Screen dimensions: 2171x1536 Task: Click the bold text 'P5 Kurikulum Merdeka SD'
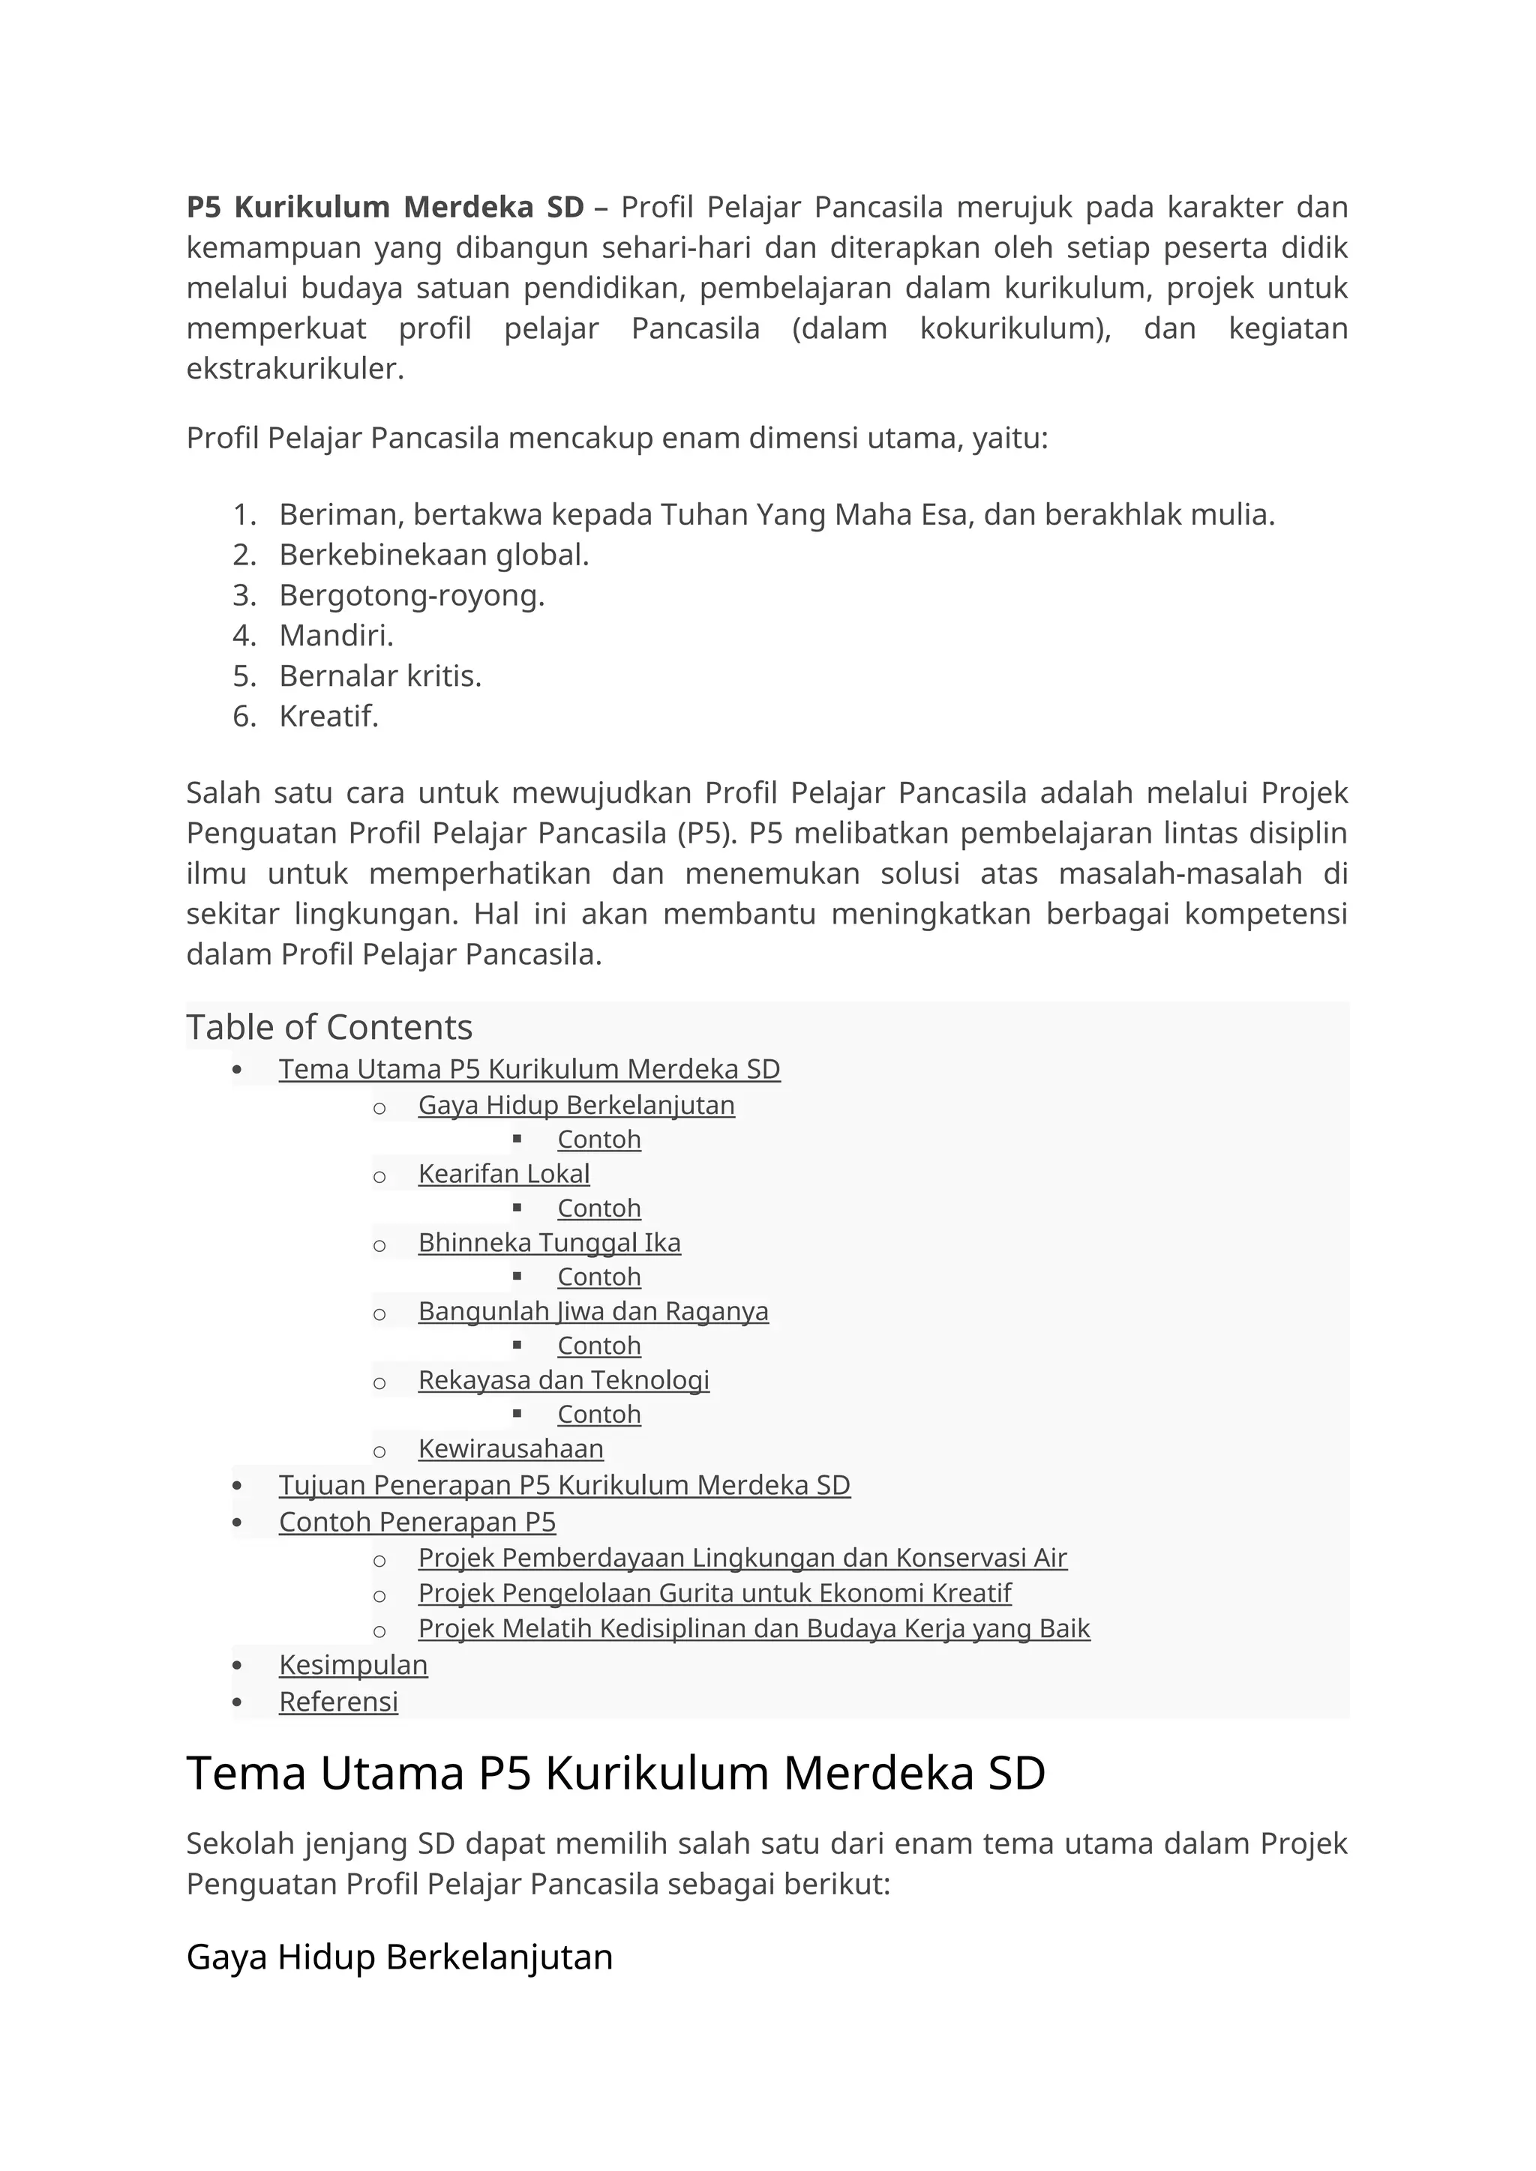(385, 206)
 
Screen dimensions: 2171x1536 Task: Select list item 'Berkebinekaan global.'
(434, 555)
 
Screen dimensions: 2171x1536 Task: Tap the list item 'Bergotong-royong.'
(412, 596)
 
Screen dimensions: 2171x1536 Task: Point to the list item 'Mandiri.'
(336, 636)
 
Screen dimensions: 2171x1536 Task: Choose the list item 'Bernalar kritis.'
(380, 676)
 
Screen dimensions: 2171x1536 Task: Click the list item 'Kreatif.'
(328, 717)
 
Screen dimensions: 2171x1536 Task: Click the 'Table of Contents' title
(329, 1027)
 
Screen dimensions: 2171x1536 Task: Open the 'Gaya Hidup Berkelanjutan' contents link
(576, 1104)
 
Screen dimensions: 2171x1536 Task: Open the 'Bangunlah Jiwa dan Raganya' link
(593, 1311)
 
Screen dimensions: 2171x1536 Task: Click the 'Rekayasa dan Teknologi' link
(564, 1381)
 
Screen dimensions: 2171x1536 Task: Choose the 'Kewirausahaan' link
(511, 1448)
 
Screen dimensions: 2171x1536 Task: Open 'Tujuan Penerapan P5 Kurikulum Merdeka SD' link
(564, 1486)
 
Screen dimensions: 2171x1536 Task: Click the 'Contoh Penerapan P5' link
(417, 1523)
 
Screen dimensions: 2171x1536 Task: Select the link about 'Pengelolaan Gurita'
(714, 1593)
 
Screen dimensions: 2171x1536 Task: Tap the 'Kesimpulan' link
(352, 1665)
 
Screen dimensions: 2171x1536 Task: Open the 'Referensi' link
(337, 1702)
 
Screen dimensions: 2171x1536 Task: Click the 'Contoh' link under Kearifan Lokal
(598, 1208)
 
